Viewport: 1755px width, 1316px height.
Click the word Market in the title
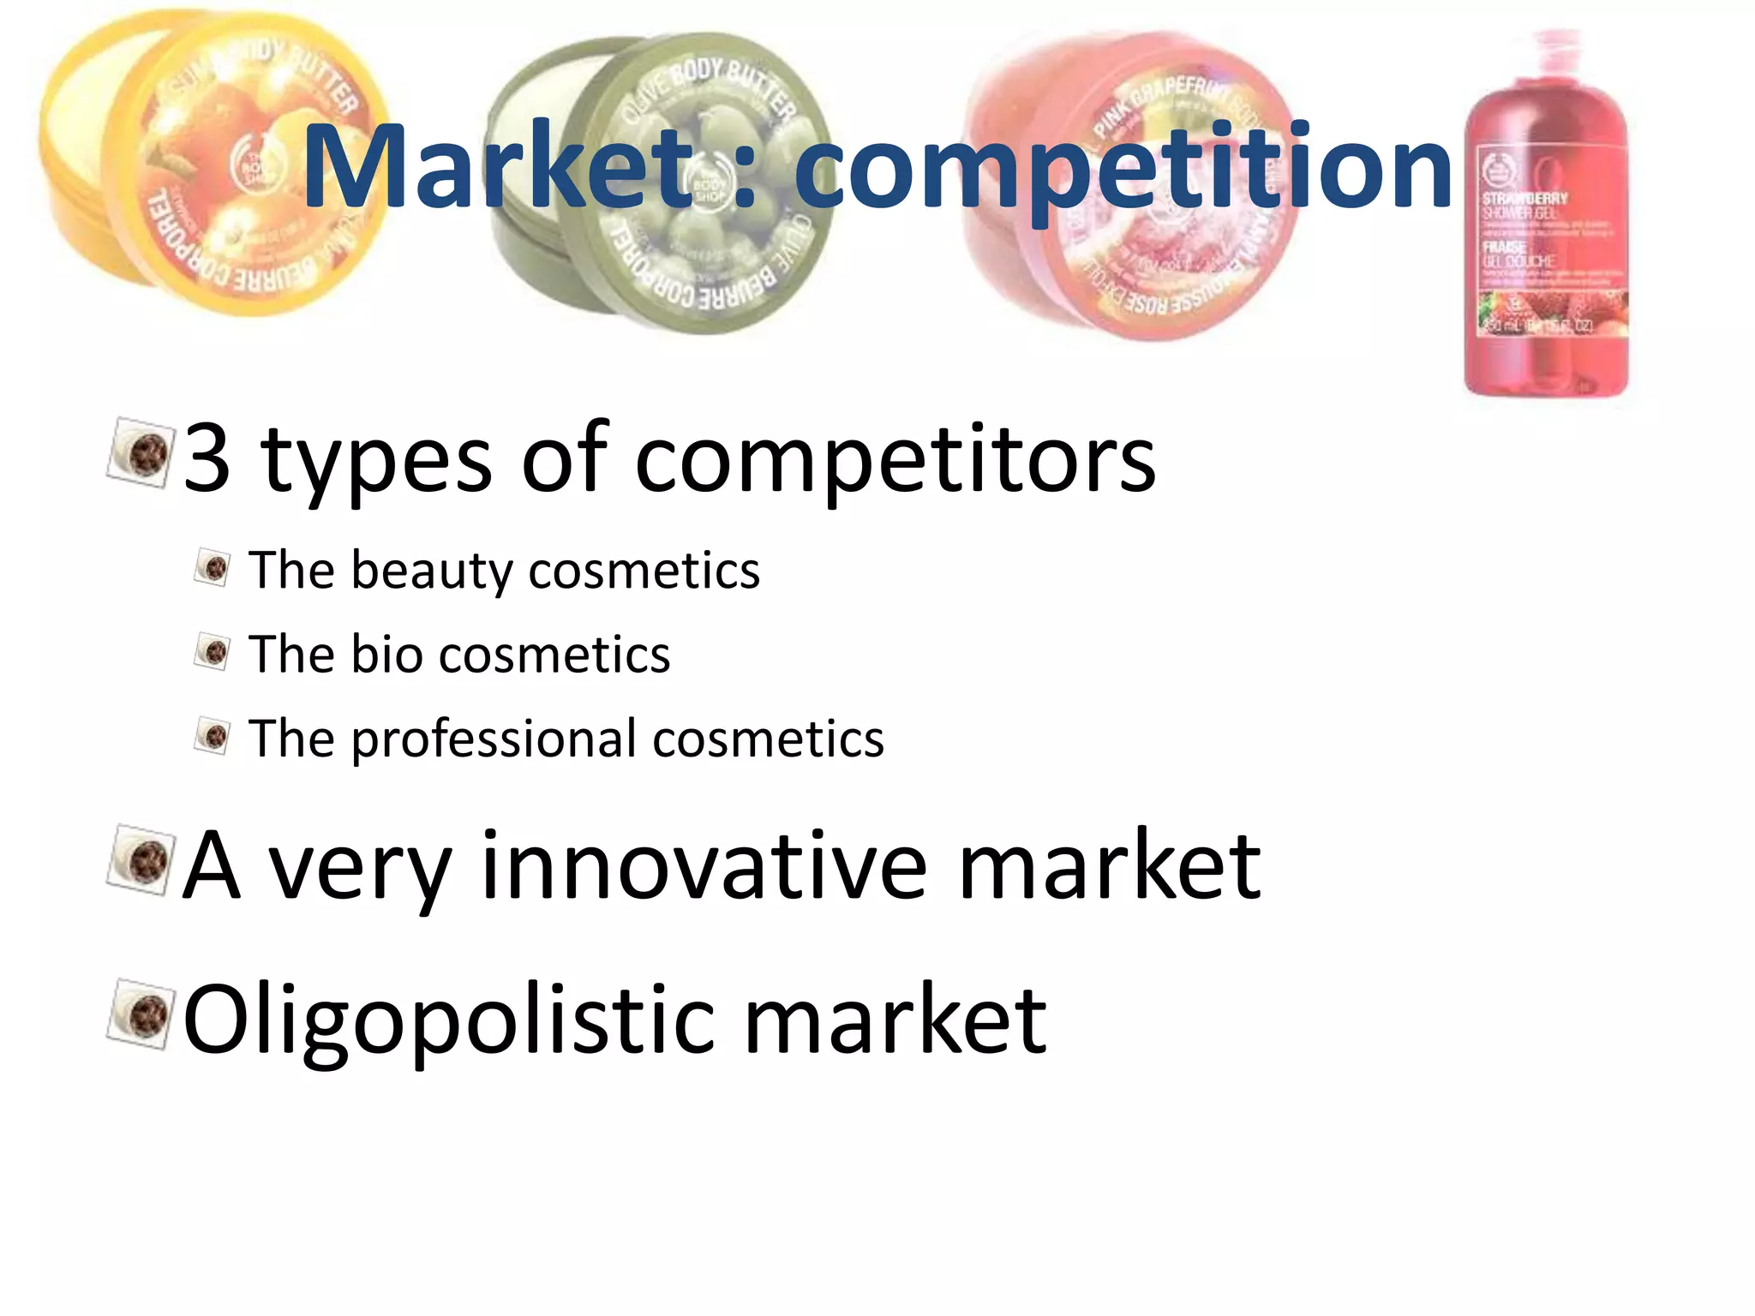tap(497, 167)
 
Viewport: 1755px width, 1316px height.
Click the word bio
tap(387, 655)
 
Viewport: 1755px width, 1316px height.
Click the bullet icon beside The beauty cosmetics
tap(213, 567)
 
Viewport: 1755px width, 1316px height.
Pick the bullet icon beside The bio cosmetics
tap(213, 652)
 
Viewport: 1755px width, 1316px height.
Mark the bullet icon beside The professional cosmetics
tap(213, 736)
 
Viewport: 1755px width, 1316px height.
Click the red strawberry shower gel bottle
tap(1547, 257)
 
